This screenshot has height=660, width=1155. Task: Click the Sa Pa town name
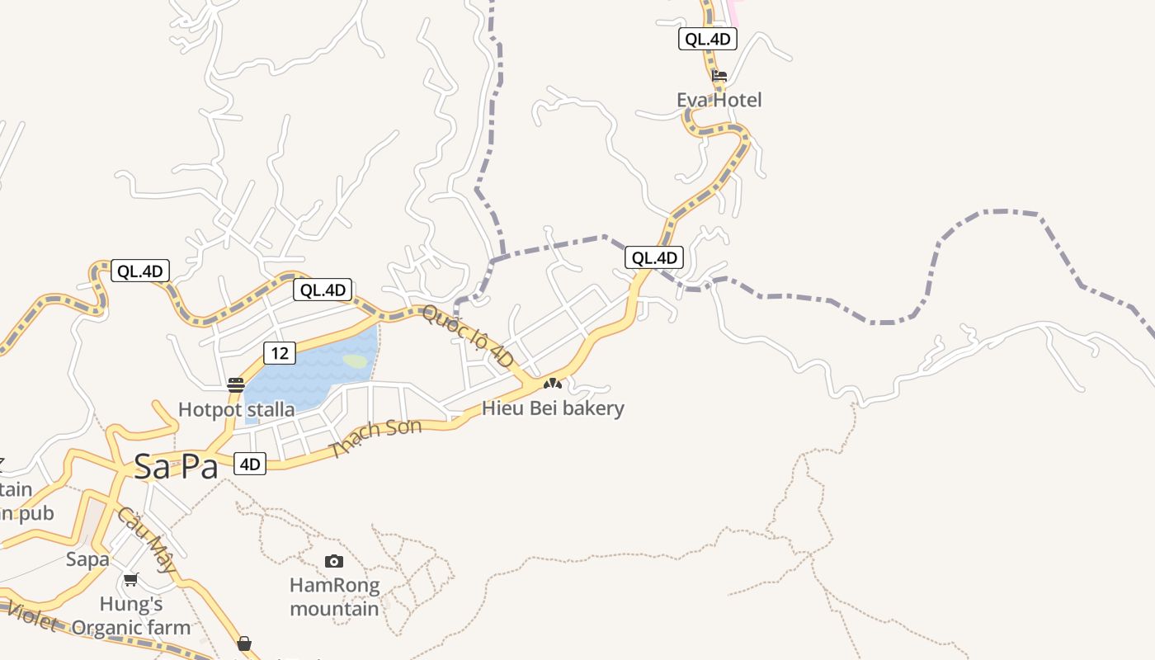(176, 467)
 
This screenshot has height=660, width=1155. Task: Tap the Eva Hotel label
(719, 100)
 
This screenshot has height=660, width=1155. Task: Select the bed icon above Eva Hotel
(719, 76)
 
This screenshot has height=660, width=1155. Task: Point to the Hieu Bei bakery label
(553, 408)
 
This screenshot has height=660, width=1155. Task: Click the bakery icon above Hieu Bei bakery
(552, 384)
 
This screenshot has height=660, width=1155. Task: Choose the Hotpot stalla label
(236, 409)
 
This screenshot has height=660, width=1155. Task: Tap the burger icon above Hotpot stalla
(236, 384)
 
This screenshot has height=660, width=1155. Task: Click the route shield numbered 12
(280, 353)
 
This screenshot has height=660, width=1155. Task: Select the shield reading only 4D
(250, 464)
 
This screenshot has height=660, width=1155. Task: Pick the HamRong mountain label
(334, 597)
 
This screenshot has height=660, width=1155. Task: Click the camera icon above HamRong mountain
(333, 562)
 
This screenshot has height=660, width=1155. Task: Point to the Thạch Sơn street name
(375, 438)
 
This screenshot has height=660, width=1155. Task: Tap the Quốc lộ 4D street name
(468, 336)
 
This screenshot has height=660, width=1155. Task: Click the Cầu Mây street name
(147, 540)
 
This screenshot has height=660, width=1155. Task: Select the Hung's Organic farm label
(130, 615)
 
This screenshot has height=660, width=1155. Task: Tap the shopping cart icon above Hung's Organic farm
(130, 579)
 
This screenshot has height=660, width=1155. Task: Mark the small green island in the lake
(355, 361)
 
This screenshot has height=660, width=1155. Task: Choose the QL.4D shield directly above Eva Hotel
(707, 38)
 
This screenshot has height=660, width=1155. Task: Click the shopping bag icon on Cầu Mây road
(244, 643)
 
